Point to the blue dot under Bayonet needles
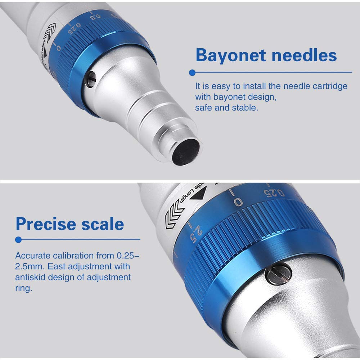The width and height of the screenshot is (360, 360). point(192,72)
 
